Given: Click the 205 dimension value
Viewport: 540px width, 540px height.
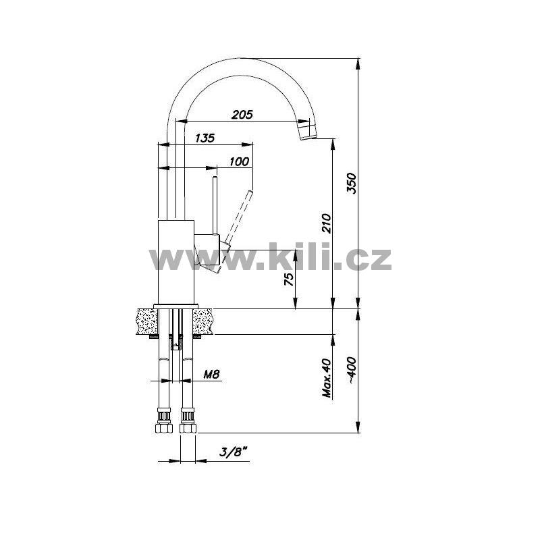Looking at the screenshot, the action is coord(242,114).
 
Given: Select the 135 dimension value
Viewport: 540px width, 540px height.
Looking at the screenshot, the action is coord(205,138).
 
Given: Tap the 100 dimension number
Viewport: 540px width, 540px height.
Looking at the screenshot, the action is coord(239,161).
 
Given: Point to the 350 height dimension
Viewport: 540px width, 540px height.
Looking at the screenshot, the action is coord(352,183).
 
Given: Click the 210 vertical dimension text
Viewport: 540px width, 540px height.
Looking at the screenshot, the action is coord(326,223).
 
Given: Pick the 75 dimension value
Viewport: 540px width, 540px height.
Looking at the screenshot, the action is coord(289,279).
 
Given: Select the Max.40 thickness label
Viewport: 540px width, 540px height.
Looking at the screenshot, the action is coord(327,378).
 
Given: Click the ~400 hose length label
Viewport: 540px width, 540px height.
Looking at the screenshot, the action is coord(352,370).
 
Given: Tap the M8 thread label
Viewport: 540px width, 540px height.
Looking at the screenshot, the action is coord(211,374).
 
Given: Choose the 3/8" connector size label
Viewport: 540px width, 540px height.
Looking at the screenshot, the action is coord(234,452).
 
